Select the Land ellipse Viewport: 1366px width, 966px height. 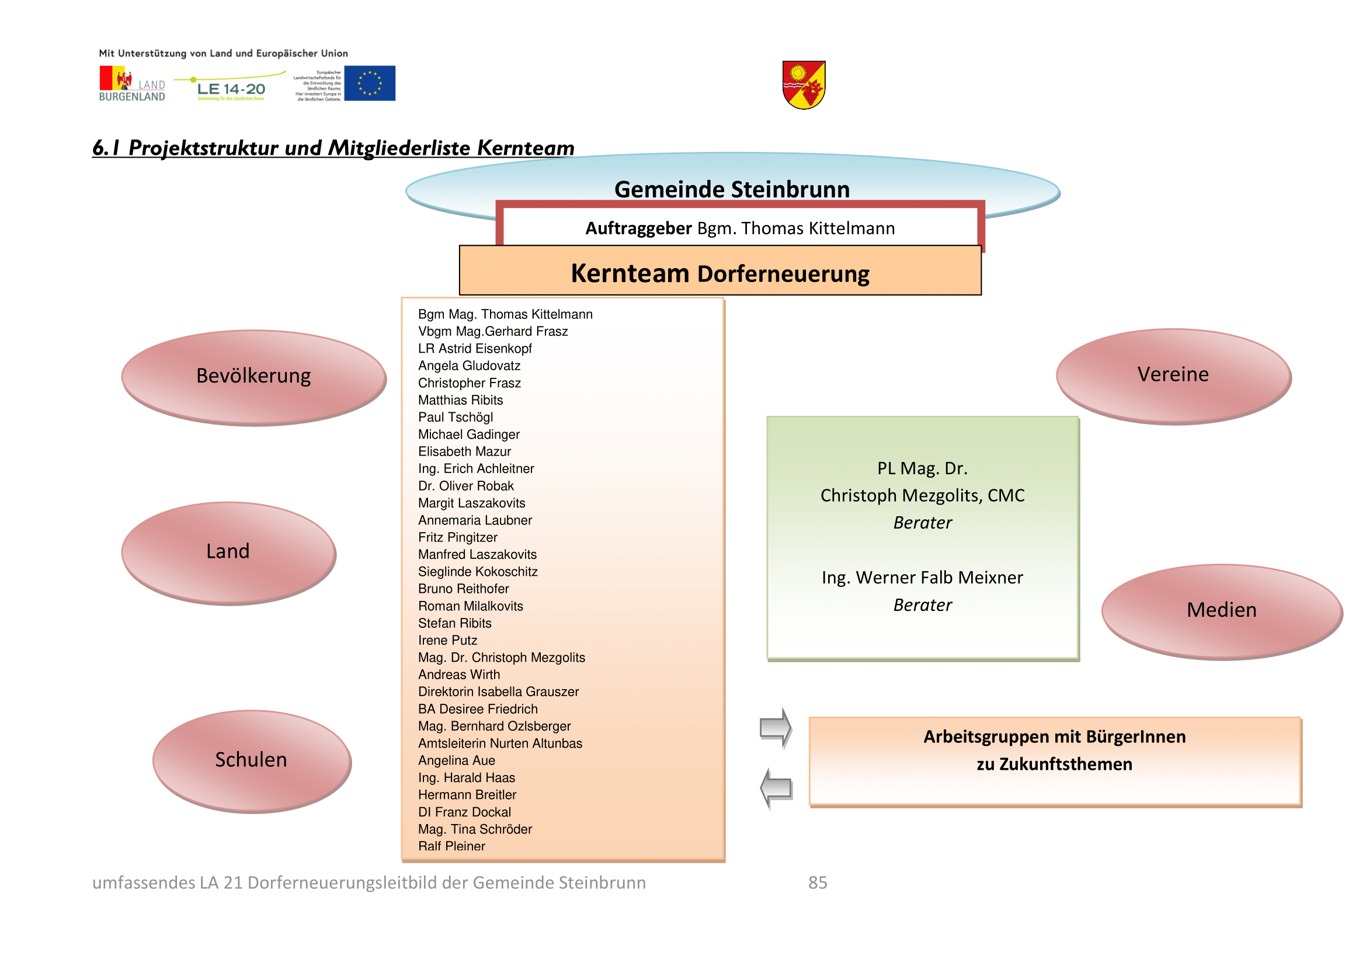[228, 553]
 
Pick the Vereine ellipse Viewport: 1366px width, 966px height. [1173, 376]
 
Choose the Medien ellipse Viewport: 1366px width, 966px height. [1221, 611]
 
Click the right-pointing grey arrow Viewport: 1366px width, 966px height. [776, 727]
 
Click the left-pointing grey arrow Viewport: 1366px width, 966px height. [776, 787]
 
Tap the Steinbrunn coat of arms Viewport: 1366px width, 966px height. [803, 85]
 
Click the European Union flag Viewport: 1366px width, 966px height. [370, 84]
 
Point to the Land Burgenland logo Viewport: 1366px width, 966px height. [131, 85]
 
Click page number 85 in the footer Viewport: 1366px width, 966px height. [818, 882]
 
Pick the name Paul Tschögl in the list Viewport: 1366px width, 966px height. [455, 417]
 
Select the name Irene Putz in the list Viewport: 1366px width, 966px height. [447, 640]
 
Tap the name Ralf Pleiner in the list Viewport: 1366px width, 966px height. [451, 846]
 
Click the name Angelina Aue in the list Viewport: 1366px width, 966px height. [456, 760]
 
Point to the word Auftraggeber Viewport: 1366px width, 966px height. [638, 228]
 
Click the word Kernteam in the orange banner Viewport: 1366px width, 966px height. [630, 273]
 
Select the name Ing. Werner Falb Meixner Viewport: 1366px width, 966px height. [922, 578]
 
